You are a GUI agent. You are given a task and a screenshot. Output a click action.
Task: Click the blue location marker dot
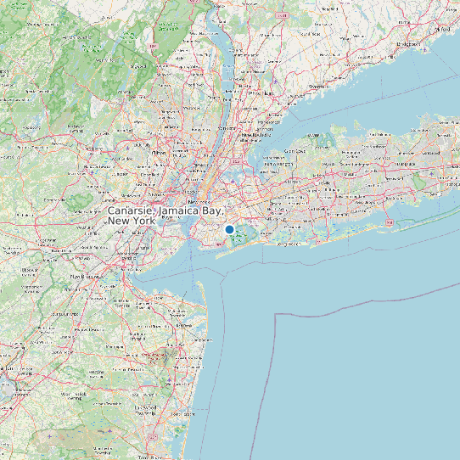pyautogui.click(x=229, y=229)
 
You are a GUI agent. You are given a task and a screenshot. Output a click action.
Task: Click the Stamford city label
pyautogui.click(x=319, y=87)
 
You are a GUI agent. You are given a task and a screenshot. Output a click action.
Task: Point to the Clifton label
pyautogui.click(x=160, y=153)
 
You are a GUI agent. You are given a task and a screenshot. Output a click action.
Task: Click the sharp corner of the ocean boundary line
pyautogui.click(x=276, y=315)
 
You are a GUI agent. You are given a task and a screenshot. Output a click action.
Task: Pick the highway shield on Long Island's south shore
pyautogui.click(x=390, y=222)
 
